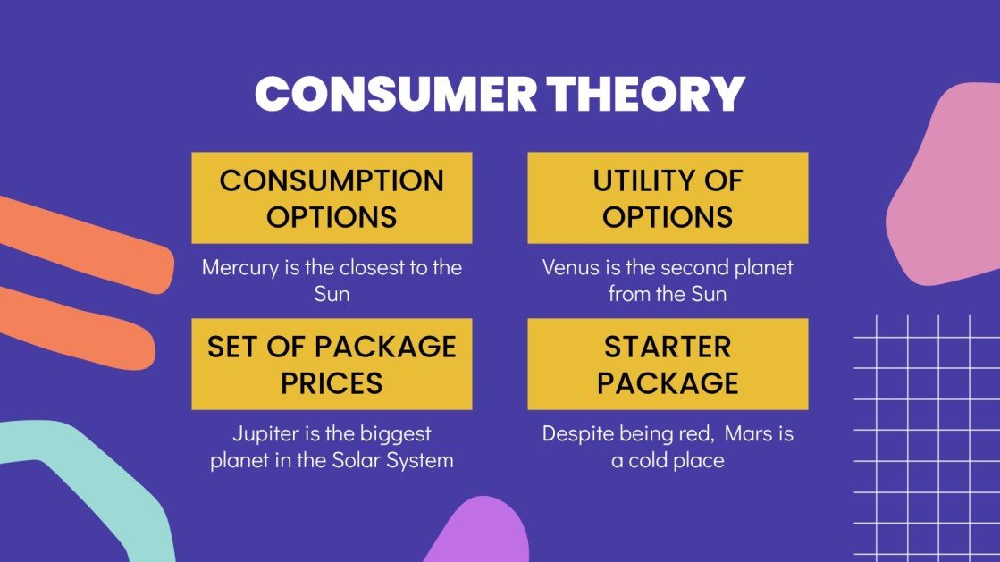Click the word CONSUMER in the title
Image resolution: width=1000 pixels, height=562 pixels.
(394, 94)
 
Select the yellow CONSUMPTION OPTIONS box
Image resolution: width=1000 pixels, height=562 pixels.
(332, 197)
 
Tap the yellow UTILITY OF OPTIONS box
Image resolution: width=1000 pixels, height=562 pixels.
(668, 197)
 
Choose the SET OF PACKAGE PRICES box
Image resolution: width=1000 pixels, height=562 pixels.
(332, 364)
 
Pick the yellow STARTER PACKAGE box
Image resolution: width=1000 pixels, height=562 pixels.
(668, 364)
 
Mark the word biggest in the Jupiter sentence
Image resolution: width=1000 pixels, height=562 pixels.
(396, 434)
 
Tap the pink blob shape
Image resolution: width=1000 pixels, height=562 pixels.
(947, 188)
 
